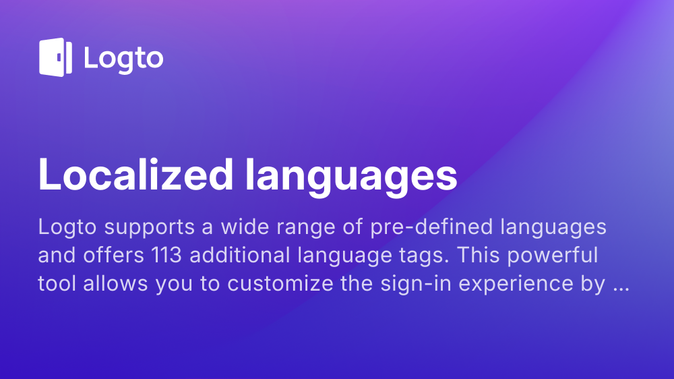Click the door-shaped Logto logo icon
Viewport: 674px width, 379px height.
tap(55, 57)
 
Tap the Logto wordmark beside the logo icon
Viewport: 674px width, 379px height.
tap(124, 59)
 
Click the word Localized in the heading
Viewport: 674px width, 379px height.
tap(136, 174)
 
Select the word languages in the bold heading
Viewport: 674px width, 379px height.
tap(351, 177)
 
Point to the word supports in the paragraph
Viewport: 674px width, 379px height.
tap(150, 228)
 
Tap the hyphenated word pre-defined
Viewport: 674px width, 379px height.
tap(431, 227)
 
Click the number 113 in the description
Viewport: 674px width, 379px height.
tap(166, 255)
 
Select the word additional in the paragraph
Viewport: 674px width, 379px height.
tap(240, 255)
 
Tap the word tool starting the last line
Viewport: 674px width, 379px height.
tap(57, 283)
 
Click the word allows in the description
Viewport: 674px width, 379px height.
tap(116, 283)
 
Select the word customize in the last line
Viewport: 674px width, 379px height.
tap(280, 283)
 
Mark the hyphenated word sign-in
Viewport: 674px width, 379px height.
tap(416, 285)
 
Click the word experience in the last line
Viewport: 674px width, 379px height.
tap(516, 285)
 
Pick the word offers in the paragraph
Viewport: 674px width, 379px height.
tap(113, 255)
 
